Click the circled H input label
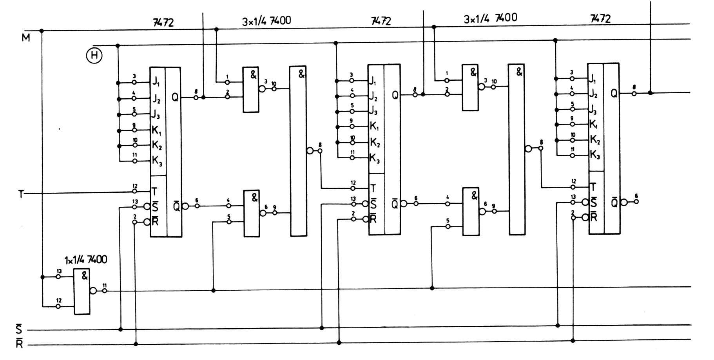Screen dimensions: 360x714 tap(94, 56)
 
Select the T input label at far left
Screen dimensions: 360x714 tap(21, 194)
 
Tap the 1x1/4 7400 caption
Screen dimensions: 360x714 tap(86, 259)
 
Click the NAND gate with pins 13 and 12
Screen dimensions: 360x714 tap(82, 291)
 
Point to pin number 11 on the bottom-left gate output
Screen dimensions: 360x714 tap(105, 285)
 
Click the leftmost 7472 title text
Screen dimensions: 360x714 tap(163, 23)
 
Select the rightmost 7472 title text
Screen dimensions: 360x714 tap(600, 18)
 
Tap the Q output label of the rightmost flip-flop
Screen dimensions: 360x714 tap(614, 93)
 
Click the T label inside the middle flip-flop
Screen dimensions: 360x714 tap(373, 188)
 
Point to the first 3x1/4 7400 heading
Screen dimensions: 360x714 tap(266, 20)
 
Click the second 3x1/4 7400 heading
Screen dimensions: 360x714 tap(490, 18)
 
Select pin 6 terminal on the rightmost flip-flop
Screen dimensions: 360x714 tap(636, 201)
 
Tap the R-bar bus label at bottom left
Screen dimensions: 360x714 tap(19, 344)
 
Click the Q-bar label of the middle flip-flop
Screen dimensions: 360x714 tap(395, 204)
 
